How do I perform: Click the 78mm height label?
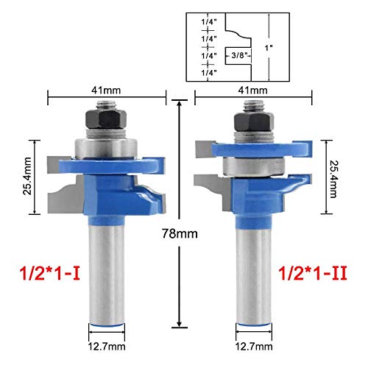[180, 233]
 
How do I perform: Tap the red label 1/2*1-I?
[50, 274]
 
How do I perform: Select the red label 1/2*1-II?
[313, 274]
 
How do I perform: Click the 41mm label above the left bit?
[106, 91]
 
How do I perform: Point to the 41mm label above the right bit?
[252, 91]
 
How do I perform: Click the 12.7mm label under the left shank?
[107, 347]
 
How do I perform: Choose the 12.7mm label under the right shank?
[254, 347]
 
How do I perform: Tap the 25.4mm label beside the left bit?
[27, 176]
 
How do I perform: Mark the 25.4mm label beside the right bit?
[333, 179]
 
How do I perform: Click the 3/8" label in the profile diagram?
[238, 55]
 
